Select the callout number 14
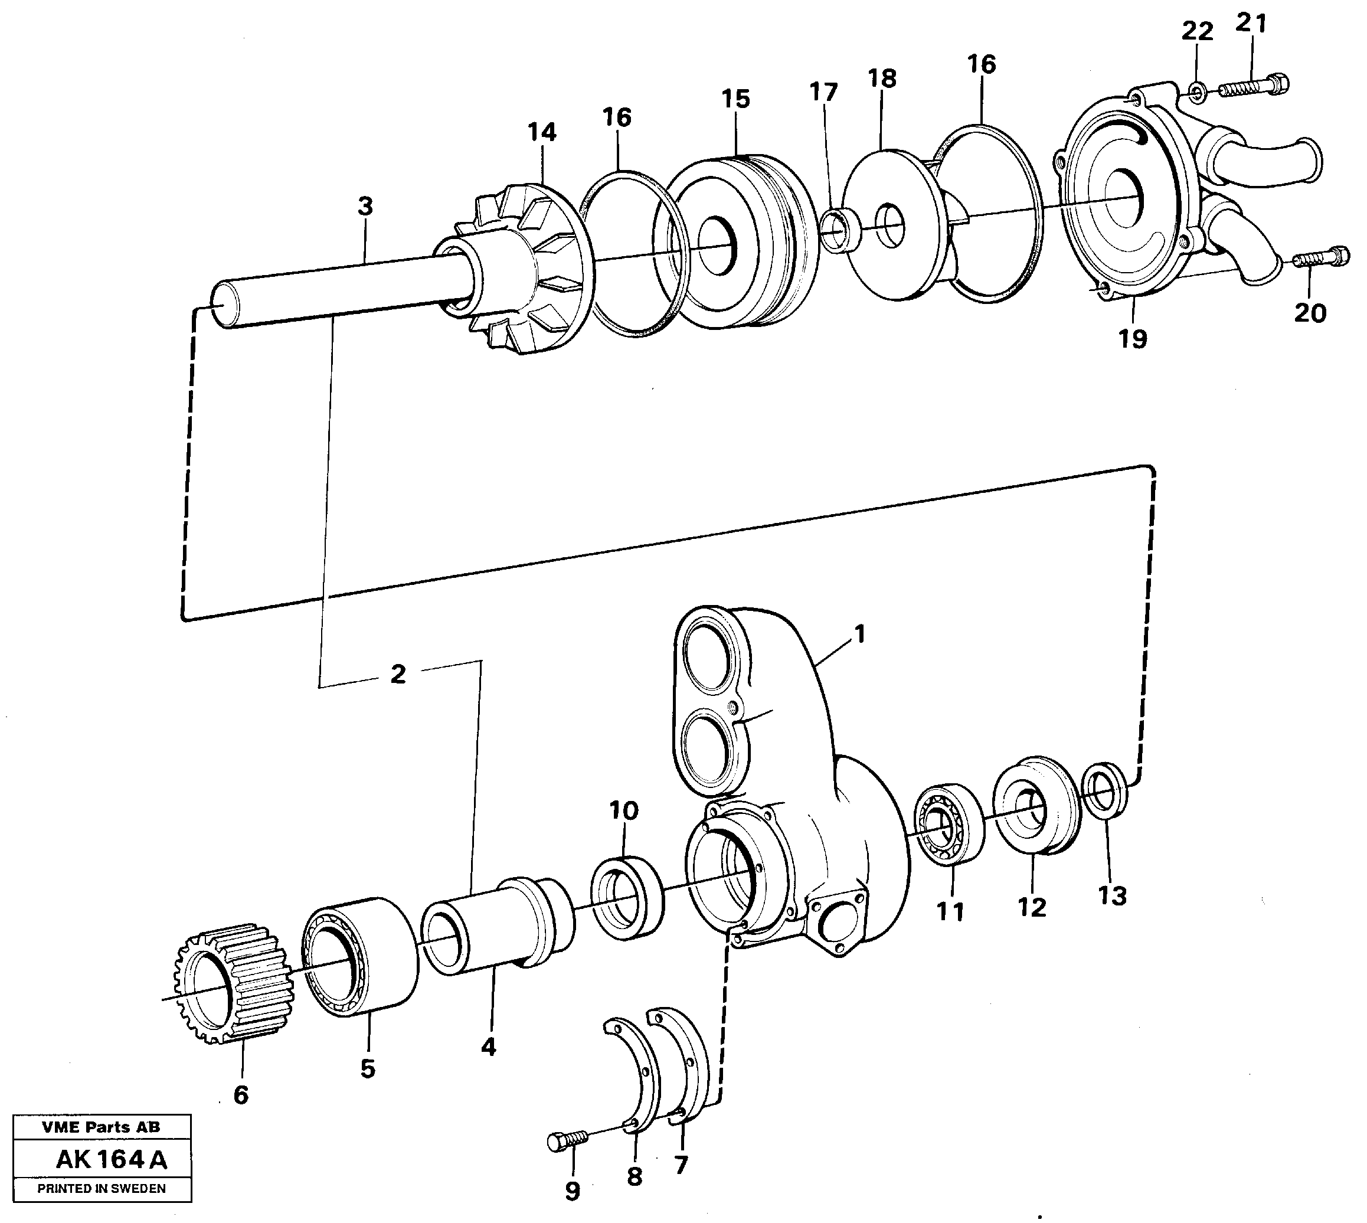[542, 132]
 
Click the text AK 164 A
[111, 1159]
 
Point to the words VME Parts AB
[101, 1127]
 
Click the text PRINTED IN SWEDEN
[102, 1188]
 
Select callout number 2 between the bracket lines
[398, 674]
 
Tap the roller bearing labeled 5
[359, 957]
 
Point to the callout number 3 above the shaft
[364, 207]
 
